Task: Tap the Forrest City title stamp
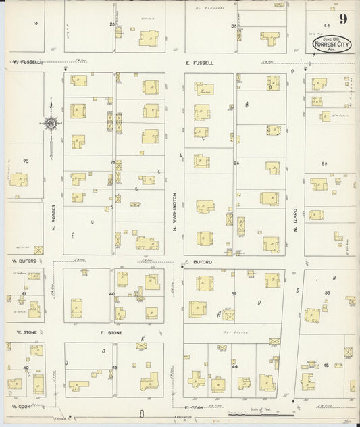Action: pyautogui.click(x=327, y=43)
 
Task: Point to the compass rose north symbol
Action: pyautogui.click(x=51, y=124)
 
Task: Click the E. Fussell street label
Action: pyautogui.click(x=200, y=63)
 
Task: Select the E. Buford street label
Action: pyautogui.click(x=198, y=261)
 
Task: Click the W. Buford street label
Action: pyautogui.click(x=22, y=259)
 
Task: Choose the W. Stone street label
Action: pyautogui.click(x=20, y=332)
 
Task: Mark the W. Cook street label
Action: pyautogui.click(x=23, y=407)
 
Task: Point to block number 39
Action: pyautogui.click(x=234, y=294)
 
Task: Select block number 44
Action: pyautogui.click(x=235, y=366)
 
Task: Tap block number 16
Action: pyautogui.click(x=35, y=24)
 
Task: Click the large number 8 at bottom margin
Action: pyautogui.click(x=143, y=414)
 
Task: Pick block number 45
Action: pyautogui.click(x=326, y=365)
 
